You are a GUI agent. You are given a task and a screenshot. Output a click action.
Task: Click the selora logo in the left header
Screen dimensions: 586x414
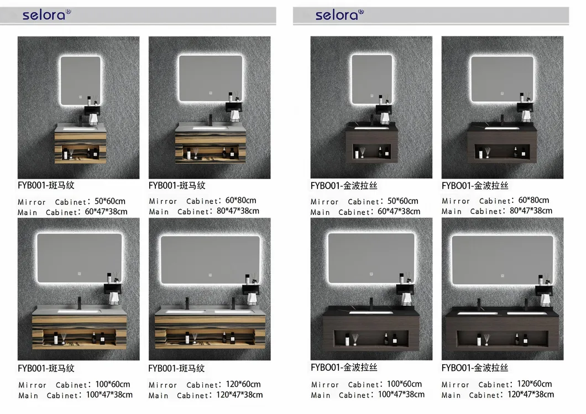(46, 14)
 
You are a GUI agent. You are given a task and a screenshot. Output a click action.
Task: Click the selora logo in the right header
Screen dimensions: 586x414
(339, 14)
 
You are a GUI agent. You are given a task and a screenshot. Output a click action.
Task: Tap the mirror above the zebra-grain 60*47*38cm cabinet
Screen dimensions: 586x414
(81, 80)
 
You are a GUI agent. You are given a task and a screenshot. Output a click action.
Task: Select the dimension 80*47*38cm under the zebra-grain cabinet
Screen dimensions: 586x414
(238, 211)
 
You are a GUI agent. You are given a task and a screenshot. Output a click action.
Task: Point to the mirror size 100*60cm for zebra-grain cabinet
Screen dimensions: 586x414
(112, 384)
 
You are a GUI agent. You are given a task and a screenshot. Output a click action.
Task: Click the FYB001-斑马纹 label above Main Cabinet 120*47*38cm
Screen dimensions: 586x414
(176, 369)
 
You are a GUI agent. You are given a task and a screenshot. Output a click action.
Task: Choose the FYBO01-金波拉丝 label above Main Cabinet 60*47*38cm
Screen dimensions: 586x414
(344, 186)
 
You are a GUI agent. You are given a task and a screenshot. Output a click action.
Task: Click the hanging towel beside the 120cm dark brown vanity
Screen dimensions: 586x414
(545, 300)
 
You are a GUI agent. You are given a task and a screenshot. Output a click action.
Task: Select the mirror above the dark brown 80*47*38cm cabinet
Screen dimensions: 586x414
(502, 79)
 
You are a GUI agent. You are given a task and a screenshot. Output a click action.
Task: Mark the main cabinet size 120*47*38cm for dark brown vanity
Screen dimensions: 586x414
(531, 394)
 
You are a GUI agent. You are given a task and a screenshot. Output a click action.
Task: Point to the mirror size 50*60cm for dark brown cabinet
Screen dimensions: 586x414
(403, 201)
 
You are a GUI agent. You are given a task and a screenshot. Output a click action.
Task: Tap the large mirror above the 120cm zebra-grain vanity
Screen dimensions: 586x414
(210, 260)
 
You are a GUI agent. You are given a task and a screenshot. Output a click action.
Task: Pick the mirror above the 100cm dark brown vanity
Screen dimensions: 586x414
(371, 258)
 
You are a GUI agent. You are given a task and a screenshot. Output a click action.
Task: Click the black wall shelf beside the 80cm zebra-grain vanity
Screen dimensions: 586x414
(234, 107)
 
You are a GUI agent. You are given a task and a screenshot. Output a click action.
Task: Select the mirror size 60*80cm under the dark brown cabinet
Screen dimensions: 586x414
(533, 200)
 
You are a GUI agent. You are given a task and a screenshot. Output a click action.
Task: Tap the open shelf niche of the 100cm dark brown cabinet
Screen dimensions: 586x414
(371, 338)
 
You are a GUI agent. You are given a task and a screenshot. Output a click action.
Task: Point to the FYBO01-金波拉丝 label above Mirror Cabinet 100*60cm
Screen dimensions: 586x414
(344, 368)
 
